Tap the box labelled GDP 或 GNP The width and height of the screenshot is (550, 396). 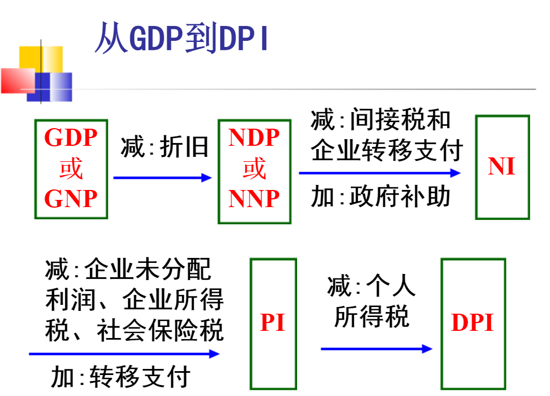point(71,168)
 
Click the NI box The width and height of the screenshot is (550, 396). point(501,167)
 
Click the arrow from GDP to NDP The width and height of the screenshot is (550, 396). point(162,178)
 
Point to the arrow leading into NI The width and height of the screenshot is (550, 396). point(379,173)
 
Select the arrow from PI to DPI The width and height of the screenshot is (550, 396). point(376,349)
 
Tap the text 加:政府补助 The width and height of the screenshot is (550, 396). point(380,197)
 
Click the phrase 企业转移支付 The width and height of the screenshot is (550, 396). point(386,149)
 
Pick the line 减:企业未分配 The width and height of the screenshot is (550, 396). point(128,270)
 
